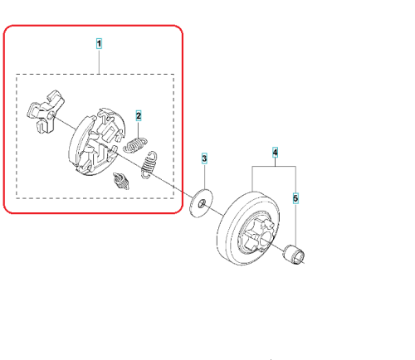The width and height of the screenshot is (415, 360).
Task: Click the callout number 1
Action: [99, 44]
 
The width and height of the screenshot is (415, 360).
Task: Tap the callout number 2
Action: [139, 115]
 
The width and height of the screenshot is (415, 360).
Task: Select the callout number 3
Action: [204, 158]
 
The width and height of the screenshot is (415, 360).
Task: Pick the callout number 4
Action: [275, 153]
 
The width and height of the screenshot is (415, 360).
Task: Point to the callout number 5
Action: [295, 198]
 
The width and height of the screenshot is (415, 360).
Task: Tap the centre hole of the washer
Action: [202, 203]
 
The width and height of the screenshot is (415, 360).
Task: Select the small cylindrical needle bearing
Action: [294, 255]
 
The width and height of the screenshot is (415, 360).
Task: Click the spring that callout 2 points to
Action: [134, 145]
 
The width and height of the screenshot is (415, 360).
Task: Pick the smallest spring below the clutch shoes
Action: [121, 181]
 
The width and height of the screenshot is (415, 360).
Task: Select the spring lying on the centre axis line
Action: [149, 165]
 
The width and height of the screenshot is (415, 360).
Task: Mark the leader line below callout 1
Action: [99, 61]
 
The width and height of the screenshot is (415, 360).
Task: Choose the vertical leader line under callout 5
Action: [295, 225]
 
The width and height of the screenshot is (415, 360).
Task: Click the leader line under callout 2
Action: [139, 130]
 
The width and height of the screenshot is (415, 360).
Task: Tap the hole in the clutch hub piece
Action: [51, 116]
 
